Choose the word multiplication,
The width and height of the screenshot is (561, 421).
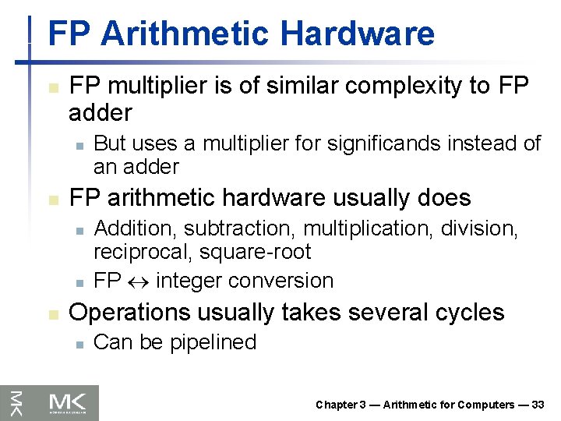(369, 229)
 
